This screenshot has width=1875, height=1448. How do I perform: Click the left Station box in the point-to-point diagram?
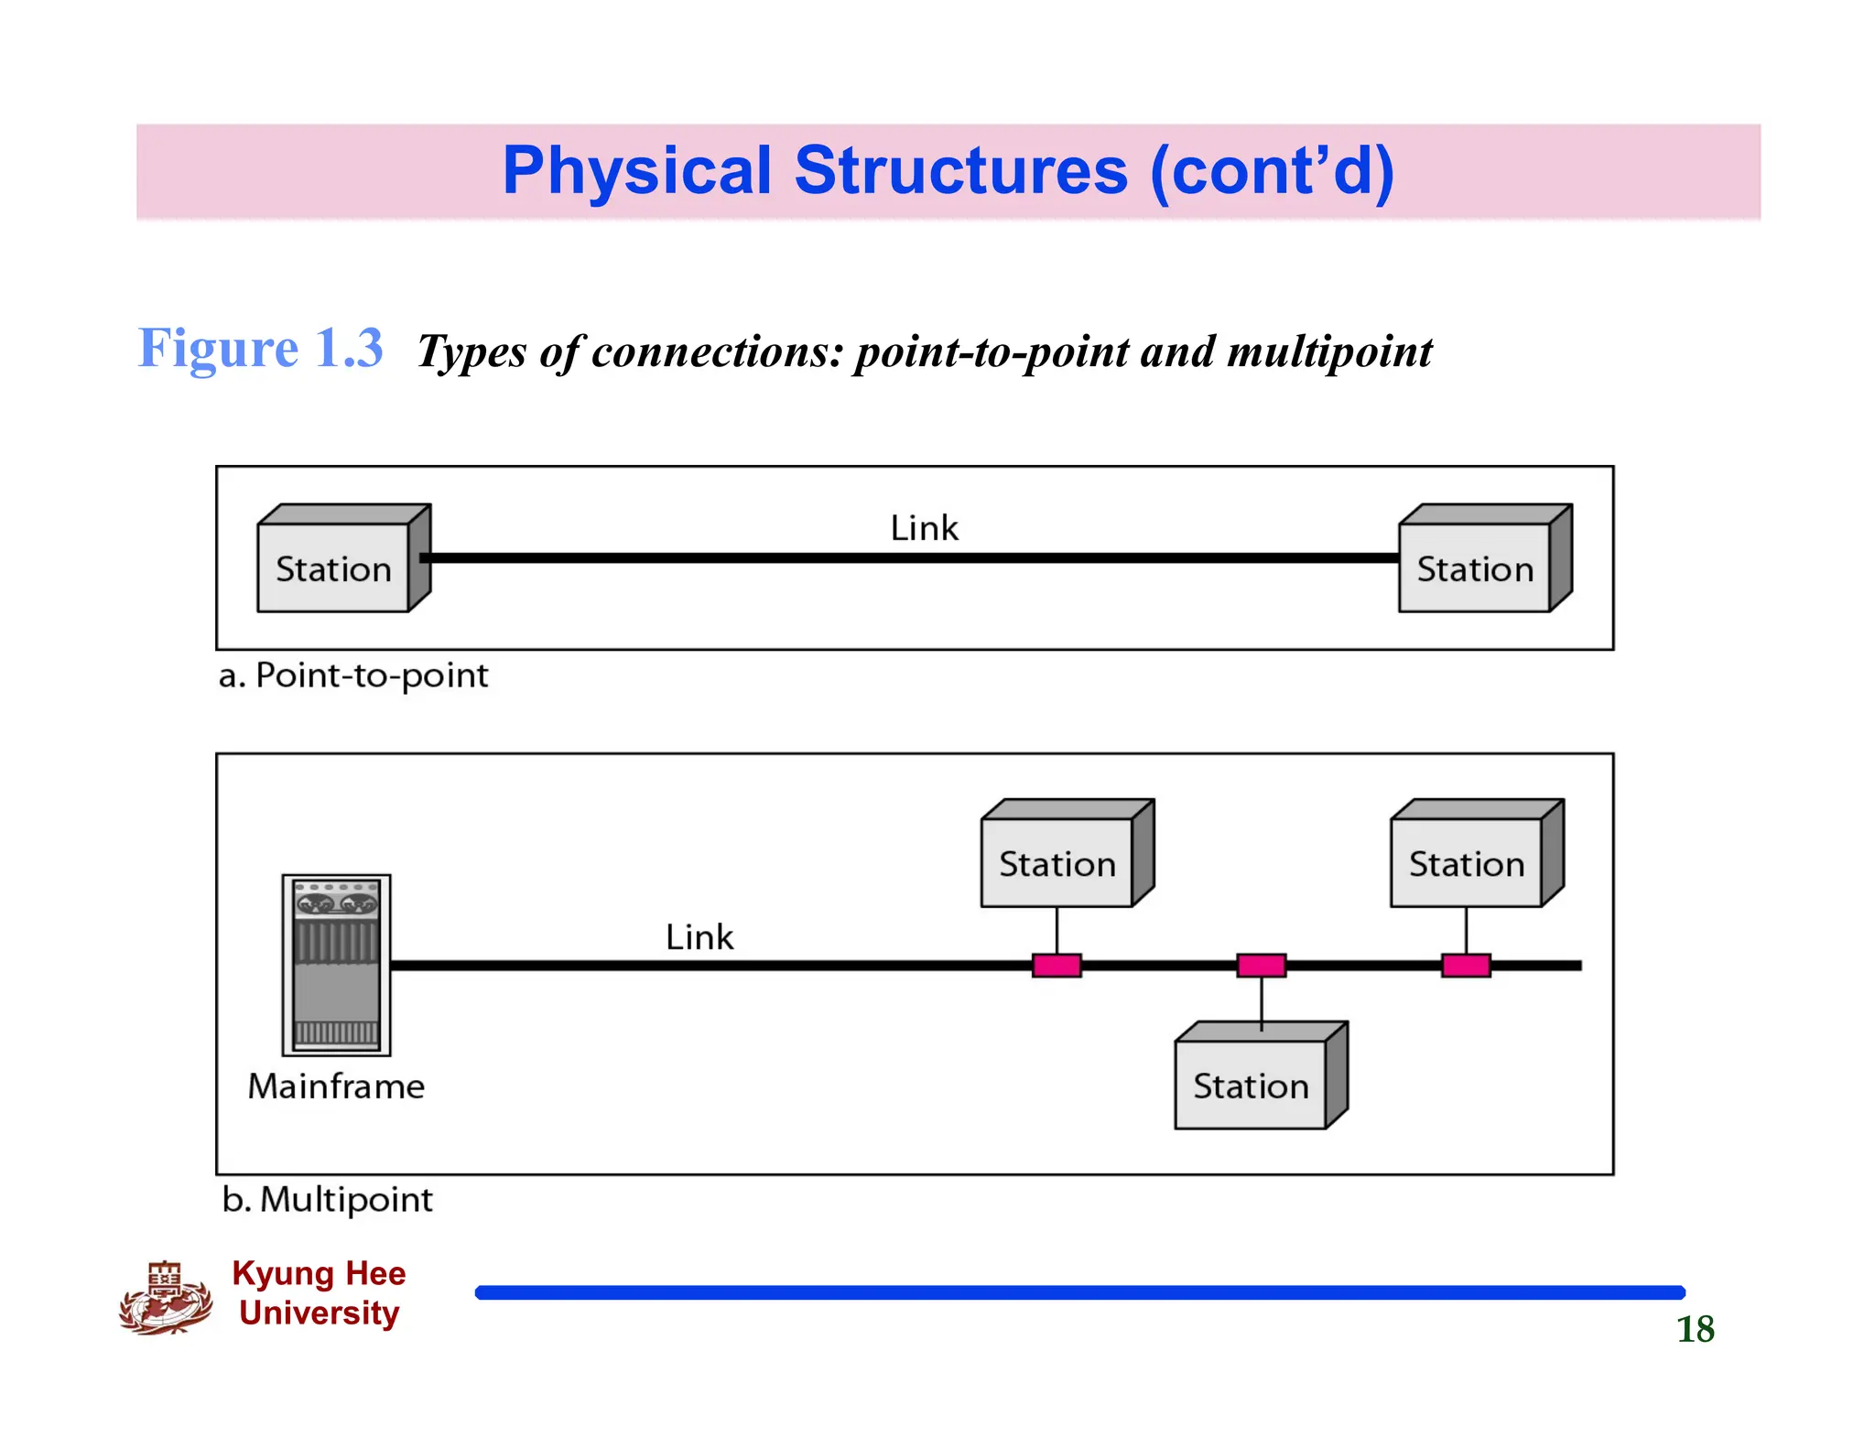[x=334, y=567]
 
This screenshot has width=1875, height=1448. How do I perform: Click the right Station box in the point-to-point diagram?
[x=1475, y=567]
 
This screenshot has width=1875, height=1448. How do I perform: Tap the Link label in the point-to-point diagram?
[x=924, y=528]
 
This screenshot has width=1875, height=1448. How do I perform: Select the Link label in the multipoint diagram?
[x=699, y=937]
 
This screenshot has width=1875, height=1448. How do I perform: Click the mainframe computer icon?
[x=336, y=965]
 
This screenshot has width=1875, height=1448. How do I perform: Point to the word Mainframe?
[x=336, y=1086]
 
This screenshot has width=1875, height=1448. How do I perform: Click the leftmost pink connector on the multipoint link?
[x=1057, y=966]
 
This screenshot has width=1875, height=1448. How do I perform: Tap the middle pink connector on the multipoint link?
[x=1261, y=966]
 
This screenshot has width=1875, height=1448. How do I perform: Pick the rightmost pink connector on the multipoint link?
[x=1466, y=966]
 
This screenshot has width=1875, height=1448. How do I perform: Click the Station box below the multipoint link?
[x=1251, y=1085]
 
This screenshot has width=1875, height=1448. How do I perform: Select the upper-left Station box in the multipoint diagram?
[x=1057, y=863]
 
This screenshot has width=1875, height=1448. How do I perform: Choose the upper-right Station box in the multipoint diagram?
[x=1467, y=863]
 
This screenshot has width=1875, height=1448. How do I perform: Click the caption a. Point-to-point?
[x=353, y=675]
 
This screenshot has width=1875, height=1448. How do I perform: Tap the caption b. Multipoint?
[x=328, y=1199]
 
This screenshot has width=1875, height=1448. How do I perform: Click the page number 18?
[x=1695, y=1329]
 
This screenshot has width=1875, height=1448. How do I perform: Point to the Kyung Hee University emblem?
[x=166, y=1298]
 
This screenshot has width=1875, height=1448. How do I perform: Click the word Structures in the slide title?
[x=960, y=171]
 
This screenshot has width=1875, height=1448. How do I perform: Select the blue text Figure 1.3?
[x=261, y=348]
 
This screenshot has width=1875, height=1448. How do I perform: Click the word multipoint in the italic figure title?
[x=1329, y=352]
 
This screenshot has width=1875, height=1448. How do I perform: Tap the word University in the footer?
[x=320, y=1313]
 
